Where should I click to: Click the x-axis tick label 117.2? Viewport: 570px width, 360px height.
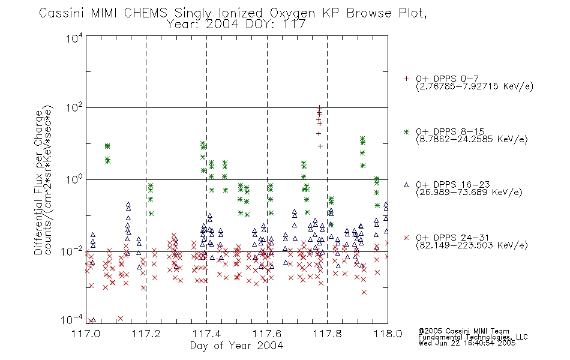coord(146,334)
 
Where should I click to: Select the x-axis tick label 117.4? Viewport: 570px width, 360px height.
coord(206,334)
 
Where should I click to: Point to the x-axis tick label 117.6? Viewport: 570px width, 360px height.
coord(267,334)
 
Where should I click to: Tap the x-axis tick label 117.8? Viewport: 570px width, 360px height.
coord(327,334)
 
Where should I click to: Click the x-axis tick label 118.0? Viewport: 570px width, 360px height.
coord(388,334)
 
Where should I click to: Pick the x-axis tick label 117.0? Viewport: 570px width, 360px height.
coord(86,334)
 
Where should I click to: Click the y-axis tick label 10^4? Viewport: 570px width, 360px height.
coord(74,38)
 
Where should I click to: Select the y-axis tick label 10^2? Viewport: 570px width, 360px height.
coord(74,108)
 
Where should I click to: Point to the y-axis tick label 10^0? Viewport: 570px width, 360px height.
coord(74,179)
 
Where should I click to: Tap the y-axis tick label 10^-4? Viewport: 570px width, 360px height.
coord(73,320)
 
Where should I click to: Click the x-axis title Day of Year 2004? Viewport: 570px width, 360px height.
coord(236,346)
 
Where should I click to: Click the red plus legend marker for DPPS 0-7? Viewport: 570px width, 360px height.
coord(406,79)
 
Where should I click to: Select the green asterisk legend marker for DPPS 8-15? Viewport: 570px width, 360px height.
coord(406,132)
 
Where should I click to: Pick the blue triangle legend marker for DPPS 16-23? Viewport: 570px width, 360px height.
coord(406,185)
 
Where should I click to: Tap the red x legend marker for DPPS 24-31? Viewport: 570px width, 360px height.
coord(406,238)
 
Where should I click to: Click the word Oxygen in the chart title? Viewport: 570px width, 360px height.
coord(292,13)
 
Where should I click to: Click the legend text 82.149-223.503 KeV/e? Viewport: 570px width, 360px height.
coord(472,245)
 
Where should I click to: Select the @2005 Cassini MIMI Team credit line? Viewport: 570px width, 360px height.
coord(464,331)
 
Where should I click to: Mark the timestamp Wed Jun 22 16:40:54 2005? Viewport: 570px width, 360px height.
coord(467,343)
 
